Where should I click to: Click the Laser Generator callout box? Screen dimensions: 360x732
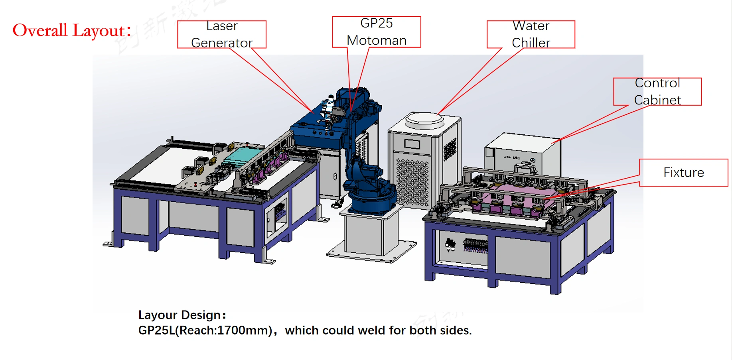(222, 34)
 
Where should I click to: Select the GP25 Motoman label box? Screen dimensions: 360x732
(376, 32)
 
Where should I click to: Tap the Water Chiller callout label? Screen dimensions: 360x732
(531, 34)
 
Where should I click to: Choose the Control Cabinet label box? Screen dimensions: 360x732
(657, 91)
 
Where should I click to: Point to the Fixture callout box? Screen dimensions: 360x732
(683, 172)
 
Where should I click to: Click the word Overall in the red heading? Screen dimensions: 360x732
(40, 31)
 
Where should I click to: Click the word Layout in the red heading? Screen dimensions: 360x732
(99, 31)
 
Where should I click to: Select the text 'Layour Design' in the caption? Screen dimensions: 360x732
(179, 315)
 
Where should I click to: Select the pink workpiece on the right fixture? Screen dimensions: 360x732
(519, 195)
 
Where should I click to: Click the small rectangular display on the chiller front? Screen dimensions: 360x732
(412, 144)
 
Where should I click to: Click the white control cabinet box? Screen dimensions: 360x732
(523, 153)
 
